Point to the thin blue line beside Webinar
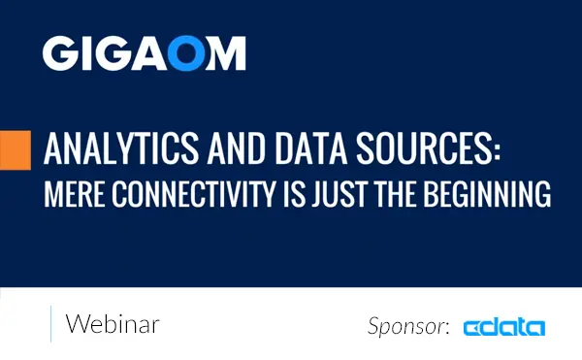(x=49, y=323)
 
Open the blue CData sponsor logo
(x=503, y=327)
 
